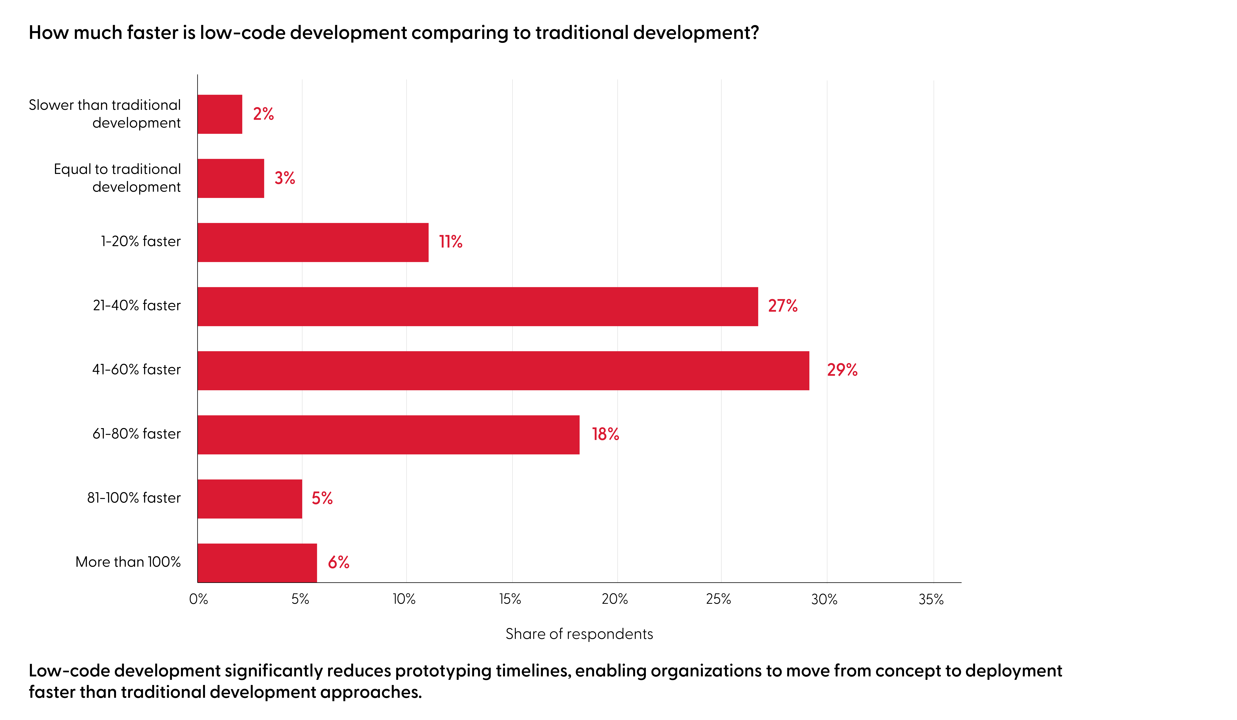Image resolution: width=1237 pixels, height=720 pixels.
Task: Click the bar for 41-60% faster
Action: (x=503, y=371)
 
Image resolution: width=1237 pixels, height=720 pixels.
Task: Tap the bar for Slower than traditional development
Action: (x=220, y=114)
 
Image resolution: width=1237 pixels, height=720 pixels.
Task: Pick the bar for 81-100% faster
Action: (x=250, y=499)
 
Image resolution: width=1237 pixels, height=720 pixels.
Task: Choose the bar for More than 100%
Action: (x=257, y=563)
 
